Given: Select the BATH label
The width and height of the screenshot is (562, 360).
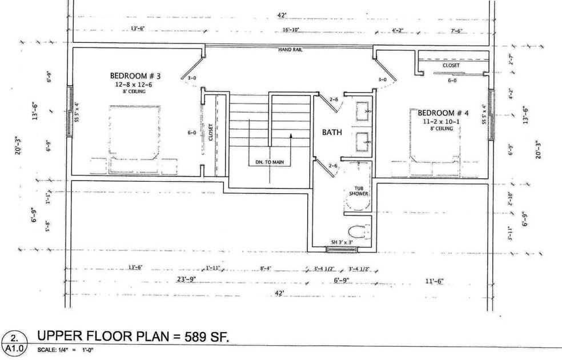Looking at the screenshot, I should (332, 133).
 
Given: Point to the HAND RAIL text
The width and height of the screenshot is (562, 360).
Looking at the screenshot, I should (290, 50).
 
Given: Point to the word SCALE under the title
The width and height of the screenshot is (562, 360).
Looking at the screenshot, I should (47, 350).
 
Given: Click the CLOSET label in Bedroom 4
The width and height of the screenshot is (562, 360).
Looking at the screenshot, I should (451, 65).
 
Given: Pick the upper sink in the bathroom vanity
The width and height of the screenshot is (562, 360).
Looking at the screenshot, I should (362, 108).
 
